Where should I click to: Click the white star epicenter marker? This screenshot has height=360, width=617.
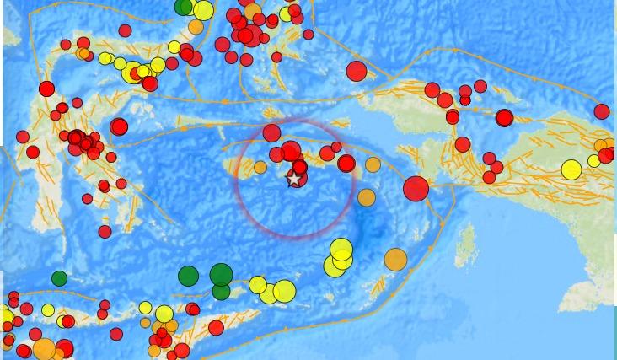click(293, 179)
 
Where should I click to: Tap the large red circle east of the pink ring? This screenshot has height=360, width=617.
click(416, 189)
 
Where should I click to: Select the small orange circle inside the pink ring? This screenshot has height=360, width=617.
click(260, 168)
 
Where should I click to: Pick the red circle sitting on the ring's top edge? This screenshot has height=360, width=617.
click(271, 132)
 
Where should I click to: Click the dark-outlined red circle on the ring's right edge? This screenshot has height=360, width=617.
click(346, 164)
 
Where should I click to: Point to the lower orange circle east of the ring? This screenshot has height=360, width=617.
click(366, 197)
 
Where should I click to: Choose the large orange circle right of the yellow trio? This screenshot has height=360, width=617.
click(395, 260)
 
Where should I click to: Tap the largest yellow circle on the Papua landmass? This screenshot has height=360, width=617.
click(571, 169)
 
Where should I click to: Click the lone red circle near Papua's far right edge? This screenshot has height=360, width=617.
click(602, 111)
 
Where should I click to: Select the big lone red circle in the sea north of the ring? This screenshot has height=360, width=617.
click(357, 71)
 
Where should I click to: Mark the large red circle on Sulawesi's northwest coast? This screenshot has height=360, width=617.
click(46, 89)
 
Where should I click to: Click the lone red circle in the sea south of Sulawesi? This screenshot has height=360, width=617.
click(105, 232)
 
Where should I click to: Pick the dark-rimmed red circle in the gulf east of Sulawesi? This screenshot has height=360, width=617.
click(119, 127)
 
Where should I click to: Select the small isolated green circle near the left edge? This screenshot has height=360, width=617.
click(59, 278)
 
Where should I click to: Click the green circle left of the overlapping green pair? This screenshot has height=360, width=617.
click(188, 276)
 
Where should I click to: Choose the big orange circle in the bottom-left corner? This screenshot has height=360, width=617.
click(44, 348)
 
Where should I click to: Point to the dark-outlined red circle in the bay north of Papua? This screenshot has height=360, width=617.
click(504, 118)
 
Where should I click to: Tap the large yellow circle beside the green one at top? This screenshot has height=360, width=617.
click(202, 11)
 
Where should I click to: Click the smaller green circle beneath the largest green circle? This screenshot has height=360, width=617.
click(221, 292)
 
